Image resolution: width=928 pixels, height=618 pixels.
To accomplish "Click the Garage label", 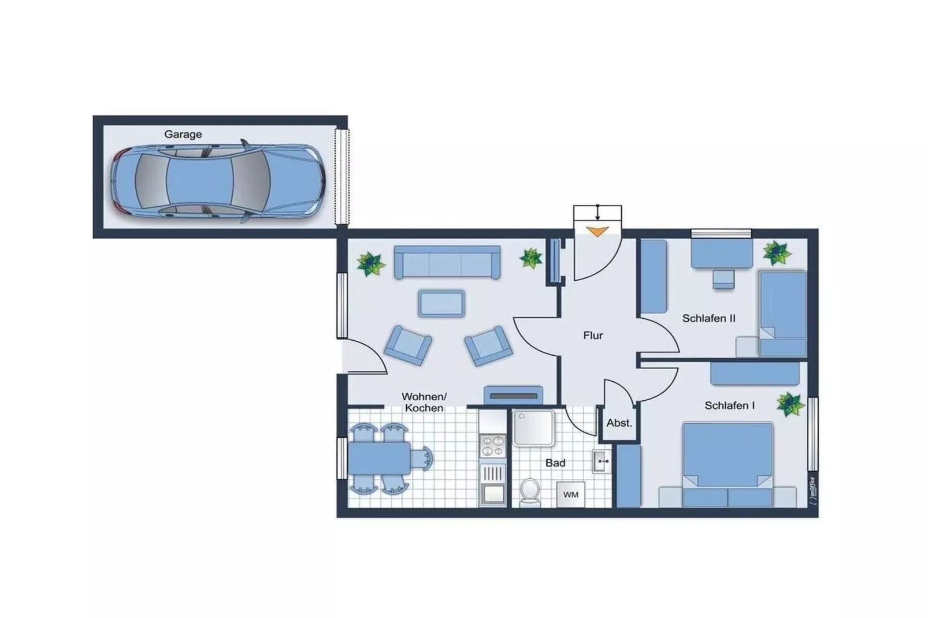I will click(x=183, y=134).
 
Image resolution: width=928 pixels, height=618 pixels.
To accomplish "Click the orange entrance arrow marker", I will click(x=597, y=232).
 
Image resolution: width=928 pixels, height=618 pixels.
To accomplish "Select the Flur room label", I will click(x=592, y=335).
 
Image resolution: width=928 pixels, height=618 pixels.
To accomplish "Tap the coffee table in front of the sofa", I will click(x=441, y=303).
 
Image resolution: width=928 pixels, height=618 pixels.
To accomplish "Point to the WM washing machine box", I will click(x=570, y=495).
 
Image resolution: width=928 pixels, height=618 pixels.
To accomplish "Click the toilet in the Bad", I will click(x=529, y=492).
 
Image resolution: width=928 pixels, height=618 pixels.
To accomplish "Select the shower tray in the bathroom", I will click(x=533, y=428).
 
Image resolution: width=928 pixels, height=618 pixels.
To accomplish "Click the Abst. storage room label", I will click(x=619, y=423).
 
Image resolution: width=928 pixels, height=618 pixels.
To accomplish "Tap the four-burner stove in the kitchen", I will click(x=492, y=446).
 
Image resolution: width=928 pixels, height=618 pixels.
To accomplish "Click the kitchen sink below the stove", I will click(x=493, y=494).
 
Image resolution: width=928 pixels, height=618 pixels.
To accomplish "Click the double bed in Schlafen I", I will click(x=727, y=462).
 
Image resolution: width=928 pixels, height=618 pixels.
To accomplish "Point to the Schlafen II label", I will click(x=708, y=318).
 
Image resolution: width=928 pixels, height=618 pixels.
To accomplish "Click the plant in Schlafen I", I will click(x=789, y=404).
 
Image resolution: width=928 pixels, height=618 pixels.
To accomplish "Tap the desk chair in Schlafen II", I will click(x=723, y=279).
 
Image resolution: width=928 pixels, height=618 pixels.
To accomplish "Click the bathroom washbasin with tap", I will click(x=601, y=461).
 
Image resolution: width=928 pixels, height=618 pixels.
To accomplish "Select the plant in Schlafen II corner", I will click(x=776, y=253).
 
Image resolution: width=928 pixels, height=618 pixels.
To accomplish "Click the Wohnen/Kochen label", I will click(x=424, y=402).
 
